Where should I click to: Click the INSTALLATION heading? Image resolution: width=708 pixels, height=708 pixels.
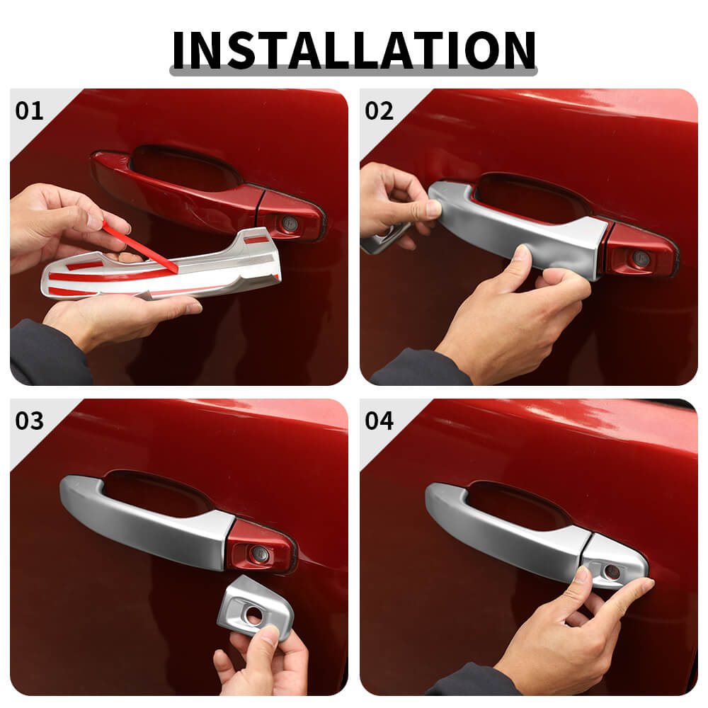(x=354, y=50)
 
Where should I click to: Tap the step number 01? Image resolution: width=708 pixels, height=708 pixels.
(x=29, y=110)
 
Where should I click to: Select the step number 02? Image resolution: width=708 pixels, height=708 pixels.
(x=379, y=110)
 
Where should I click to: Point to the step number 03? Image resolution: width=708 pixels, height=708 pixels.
(x=29, y=421)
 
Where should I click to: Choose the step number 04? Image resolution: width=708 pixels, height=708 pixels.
(x=379, y=421)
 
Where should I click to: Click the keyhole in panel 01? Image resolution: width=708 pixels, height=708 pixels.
(x=289, y=222)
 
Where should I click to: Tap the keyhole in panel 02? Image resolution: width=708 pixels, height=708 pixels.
(x=640, y=258)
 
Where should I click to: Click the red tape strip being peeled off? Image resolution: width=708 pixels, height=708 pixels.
(x=139, y=246)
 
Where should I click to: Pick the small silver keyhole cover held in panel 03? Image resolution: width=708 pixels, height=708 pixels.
(x=255, y=607)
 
